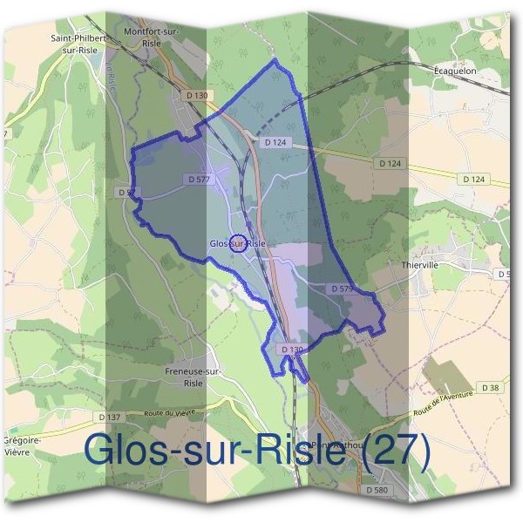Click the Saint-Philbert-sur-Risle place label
pos(79,44)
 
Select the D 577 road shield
pos(200,179)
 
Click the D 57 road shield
pos(125,192)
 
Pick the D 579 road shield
pos(342,288)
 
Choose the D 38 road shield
pos(490,386)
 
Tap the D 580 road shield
pos(377,490)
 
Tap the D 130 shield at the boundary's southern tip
pos(292,350)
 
